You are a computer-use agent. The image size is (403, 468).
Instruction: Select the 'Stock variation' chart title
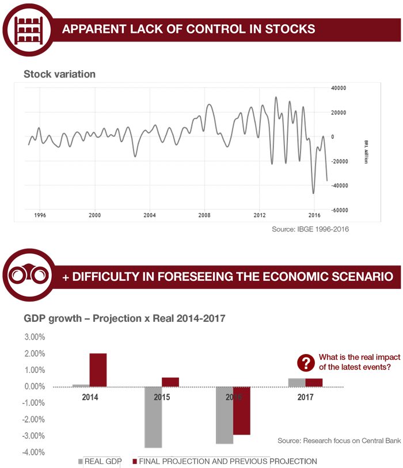(x=59, y=74)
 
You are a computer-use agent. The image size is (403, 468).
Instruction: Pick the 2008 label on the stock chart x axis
(x=204, y=215)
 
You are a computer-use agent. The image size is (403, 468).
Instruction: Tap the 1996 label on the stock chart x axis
(x=40, y=215)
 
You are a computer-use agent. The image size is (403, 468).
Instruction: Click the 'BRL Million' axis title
(x=366, y=151)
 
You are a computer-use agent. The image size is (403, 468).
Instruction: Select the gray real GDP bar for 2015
(x=153, y=417)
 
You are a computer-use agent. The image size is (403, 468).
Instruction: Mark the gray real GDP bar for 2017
(x=296, y=382)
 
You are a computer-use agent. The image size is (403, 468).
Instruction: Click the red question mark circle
(x=305, y=363)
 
